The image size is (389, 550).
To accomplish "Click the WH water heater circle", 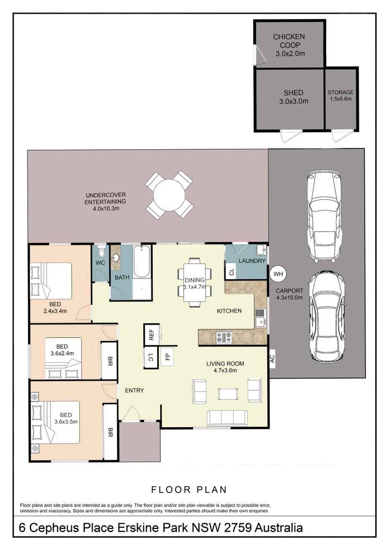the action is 278,274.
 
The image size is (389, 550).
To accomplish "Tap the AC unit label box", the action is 272,358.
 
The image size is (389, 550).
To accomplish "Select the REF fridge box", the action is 152,335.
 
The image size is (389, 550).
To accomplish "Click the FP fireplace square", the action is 167,356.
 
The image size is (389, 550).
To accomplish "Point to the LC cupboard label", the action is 151,357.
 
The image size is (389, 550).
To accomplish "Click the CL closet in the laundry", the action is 231,272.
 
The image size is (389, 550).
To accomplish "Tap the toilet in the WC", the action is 101,252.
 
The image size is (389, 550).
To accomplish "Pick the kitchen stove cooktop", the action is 224,338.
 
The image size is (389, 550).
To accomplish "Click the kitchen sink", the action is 260,318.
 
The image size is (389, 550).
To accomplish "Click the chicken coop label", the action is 289,45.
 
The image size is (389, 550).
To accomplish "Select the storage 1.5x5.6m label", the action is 341,95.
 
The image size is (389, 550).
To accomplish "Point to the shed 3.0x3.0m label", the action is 294,97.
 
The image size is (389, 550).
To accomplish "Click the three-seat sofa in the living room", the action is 227,418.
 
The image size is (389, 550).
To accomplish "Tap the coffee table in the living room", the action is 228,394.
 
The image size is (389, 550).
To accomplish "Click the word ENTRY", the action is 134,390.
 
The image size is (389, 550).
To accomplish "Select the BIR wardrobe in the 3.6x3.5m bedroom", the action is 110,431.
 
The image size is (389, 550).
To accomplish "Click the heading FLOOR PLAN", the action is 189,490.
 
